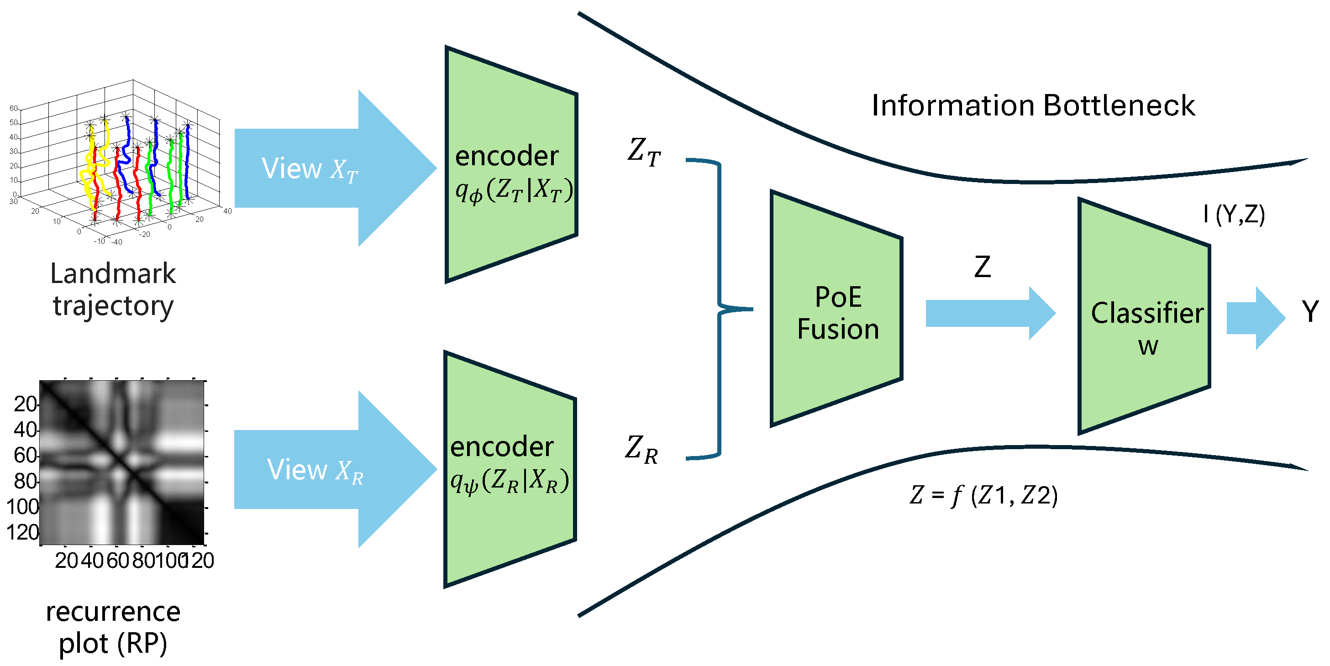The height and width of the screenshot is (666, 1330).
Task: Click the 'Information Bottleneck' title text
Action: coord(1033,105)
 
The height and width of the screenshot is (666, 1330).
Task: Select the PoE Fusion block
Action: coord(836,310)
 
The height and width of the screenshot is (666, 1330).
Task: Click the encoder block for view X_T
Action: coord(511,165)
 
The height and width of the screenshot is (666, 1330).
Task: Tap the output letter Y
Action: coord(1310,311)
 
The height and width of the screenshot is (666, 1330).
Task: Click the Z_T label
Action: coord(643,152)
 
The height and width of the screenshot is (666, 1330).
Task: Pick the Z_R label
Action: coord(641,449)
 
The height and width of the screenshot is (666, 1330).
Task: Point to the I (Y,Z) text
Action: coord(1234,214)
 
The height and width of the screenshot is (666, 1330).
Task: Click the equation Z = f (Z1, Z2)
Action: coord(983,496)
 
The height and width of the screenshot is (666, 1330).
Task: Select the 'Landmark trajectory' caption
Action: coord(113,289)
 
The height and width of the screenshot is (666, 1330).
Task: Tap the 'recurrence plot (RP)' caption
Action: coord(113,627)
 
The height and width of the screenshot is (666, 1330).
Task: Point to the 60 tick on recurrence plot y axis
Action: coord(25,456)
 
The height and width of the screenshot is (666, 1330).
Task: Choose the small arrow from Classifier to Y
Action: coord(1255,318)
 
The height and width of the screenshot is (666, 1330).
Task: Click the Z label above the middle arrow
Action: coord(982,267)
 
